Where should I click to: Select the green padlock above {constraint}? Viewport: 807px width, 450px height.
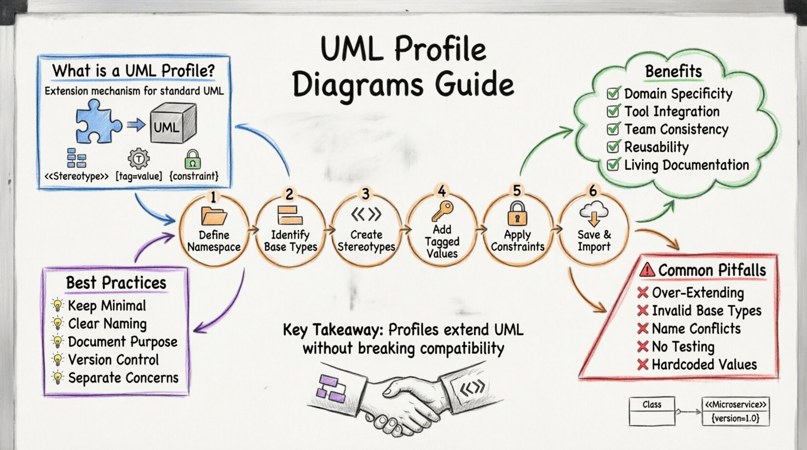(x=193, y=159)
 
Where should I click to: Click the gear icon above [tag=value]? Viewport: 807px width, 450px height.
(x=138, y=159)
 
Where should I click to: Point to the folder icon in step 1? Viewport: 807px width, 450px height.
(x=214, y=216)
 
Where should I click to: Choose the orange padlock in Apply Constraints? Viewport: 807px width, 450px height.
(x=517, y=213)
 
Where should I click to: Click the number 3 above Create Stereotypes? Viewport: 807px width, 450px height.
(x=366, y=194)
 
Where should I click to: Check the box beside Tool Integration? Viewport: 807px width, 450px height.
(x=613, y=111)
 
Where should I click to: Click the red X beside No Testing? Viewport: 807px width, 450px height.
(x=643, y=346)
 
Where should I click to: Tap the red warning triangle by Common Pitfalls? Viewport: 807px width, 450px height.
(x=647, y=270)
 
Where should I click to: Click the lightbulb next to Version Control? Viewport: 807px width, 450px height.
(x=58, y=360)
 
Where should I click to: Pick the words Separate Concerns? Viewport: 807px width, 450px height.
(x=123, y=378)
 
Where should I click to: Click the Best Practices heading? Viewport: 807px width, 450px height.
(x=116, y=283)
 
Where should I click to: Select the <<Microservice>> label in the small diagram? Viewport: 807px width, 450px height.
(x=736, y=404)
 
